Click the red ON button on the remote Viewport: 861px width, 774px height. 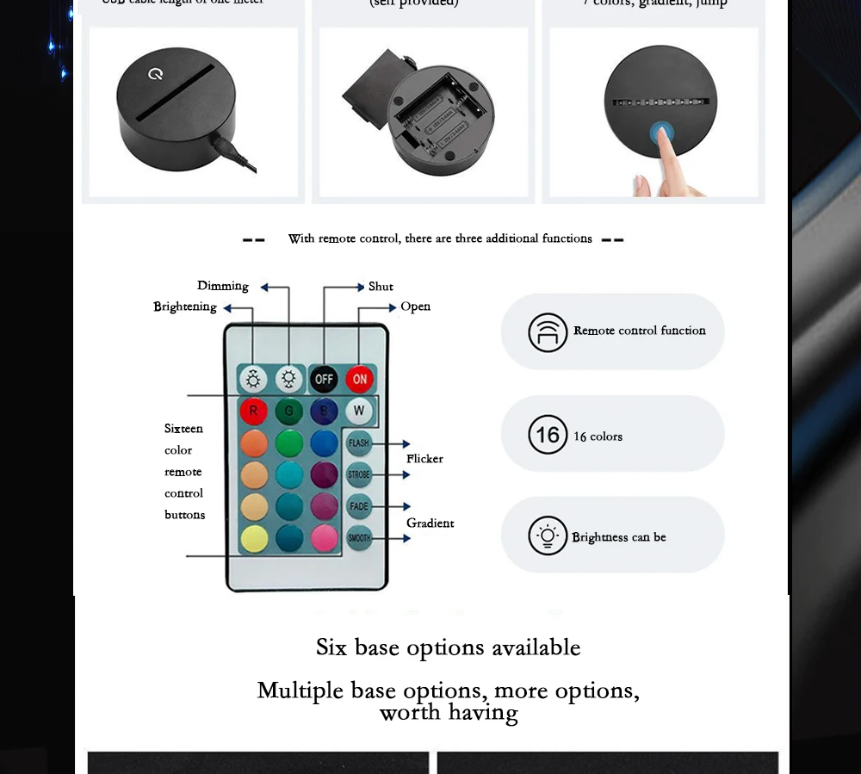coord(359,379)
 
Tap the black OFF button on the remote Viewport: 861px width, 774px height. coord(324,379)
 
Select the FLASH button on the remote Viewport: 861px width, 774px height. coord(359,443)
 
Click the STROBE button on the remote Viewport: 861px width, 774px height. coord(359,474)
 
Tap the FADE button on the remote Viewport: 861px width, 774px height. coord(359,506)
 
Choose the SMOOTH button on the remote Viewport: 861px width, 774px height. coord(359,538)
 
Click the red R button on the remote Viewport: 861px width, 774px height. coord(253,411)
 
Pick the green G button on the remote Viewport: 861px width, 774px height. coord(288,411)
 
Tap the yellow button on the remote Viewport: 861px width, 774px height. coord(253,538)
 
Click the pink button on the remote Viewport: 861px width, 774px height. coord(324,538)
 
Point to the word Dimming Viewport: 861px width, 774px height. coord(222,286)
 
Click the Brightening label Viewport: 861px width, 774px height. coord(185,307)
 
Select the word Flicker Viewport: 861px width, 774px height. coord(424,459)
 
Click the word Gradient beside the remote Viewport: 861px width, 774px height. coord(430,523)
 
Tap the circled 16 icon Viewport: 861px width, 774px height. coord(548,435)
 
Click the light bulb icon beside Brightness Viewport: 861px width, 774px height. coord(548,536)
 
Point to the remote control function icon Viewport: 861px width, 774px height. coord(548,332)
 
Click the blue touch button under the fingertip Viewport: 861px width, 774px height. coord(661,133)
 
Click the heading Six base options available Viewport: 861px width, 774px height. coord(448,647)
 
